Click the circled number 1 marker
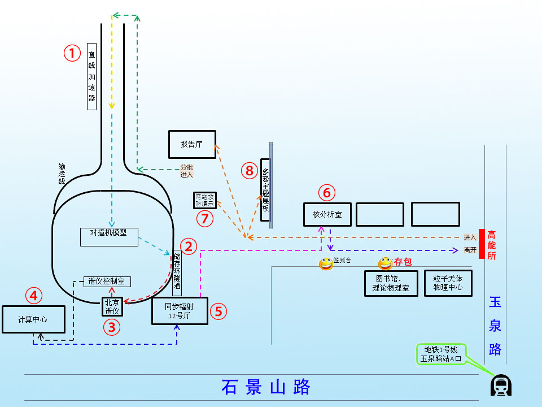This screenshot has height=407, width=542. click(x=72, y=53)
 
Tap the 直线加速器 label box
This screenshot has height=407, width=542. click(x=92, y=76)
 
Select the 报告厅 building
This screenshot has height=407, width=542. click(x=192, y=144)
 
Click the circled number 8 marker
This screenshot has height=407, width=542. click(x=249, y=170)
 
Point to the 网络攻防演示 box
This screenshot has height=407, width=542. click(x=204, y=200)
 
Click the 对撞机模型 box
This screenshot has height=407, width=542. click(x=108, y=237)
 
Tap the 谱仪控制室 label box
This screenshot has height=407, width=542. click(x=108, y=281)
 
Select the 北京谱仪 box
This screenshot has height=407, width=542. click(x=112, y=306)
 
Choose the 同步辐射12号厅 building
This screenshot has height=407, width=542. click(x=180, y=311)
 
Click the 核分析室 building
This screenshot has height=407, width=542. click(x=327, y=214)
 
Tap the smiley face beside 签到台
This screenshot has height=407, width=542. click(x=326, y=263)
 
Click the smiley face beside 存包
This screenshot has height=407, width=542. click(x=385, y=263)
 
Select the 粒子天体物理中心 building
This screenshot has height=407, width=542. click(x=448, y=283)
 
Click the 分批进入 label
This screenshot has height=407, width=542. click(x=186, y=171)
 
